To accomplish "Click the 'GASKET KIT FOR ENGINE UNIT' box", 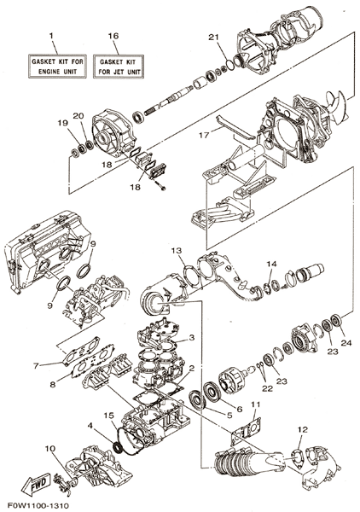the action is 57,67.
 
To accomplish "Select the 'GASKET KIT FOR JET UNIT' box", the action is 119,67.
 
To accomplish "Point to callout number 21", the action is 213,38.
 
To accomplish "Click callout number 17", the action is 204,135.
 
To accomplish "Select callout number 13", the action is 177,251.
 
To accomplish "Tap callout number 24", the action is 346,343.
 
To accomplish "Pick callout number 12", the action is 303,430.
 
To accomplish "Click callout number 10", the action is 50,449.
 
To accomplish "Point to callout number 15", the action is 109,416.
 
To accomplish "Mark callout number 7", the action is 36,366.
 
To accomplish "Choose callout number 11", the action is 256,404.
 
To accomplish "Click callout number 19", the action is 62,123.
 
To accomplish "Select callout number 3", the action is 192,337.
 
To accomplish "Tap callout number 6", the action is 239,409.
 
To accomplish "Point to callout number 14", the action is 271,264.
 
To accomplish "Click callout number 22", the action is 267,389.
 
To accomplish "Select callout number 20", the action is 78,115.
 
